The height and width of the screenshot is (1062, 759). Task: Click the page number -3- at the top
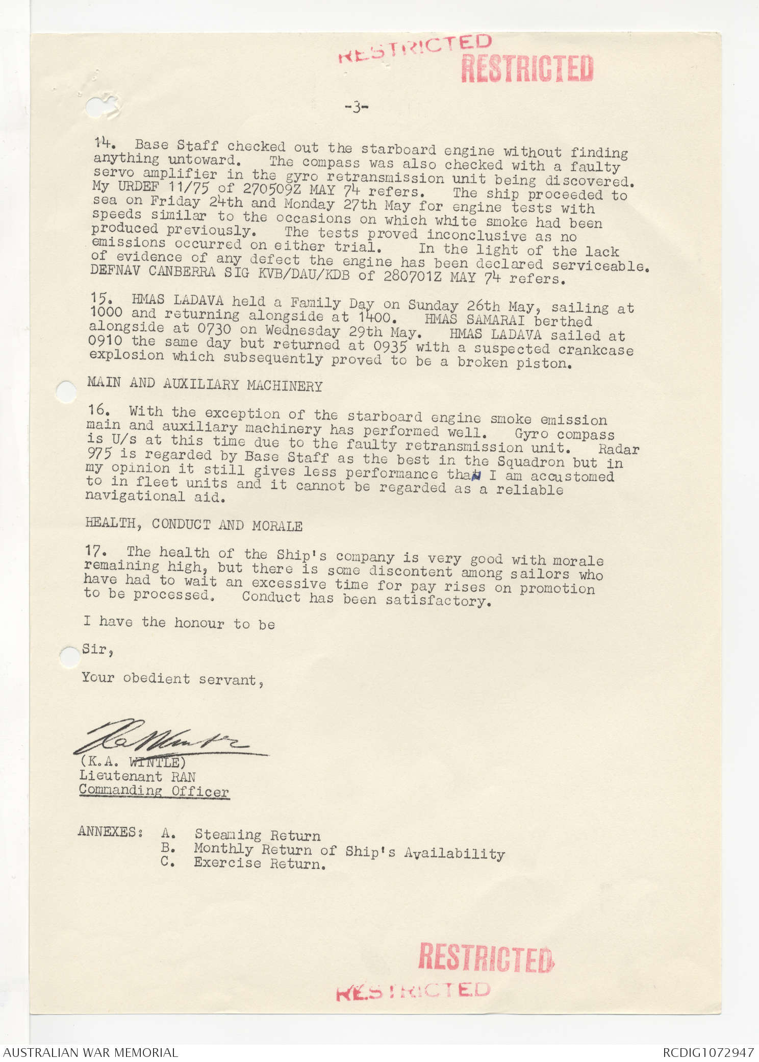(357, 107)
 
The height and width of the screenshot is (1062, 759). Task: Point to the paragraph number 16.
(98, 409)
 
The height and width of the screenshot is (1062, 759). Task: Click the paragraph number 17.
(95, 551)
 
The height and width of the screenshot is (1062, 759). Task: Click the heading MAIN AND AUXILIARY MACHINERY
(205, 384)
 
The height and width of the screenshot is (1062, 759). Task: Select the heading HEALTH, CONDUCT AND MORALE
(193, 524)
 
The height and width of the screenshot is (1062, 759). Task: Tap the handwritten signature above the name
(163, 736)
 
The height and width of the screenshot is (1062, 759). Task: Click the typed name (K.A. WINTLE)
(133, 762)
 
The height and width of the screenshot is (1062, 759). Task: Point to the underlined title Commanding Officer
(154, 791)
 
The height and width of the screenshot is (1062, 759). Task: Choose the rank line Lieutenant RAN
(137, 776)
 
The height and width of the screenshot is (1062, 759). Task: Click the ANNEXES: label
(110, 831)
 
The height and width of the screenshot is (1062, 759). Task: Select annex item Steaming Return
(257, 835)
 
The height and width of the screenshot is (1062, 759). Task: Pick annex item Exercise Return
(259, 863)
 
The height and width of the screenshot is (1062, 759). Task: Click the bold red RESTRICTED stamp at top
(527, 68)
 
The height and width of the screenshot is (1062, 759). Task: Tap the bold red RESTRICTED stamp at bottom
(485, 957)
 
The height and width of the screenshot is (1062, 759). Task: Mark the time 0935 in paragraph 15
(390, 347)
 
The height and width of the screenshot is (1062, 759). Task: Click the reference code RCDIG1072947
(708, 1052)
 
